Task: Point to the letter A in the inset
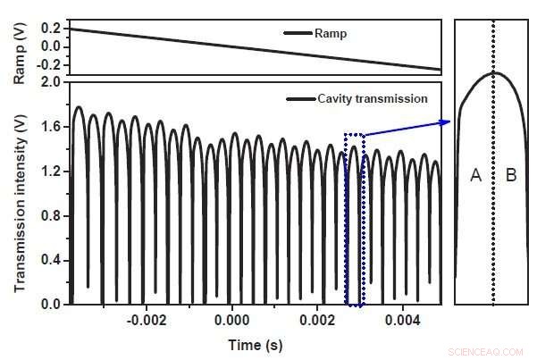tap(475, 177)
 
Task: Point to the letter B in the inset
tap(511, 177)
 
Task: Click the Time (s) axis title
tap(255, 343)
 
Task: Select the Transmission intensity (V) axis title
tap(20, 192)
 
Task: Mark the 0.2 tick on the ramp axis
tap(50, 29)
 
